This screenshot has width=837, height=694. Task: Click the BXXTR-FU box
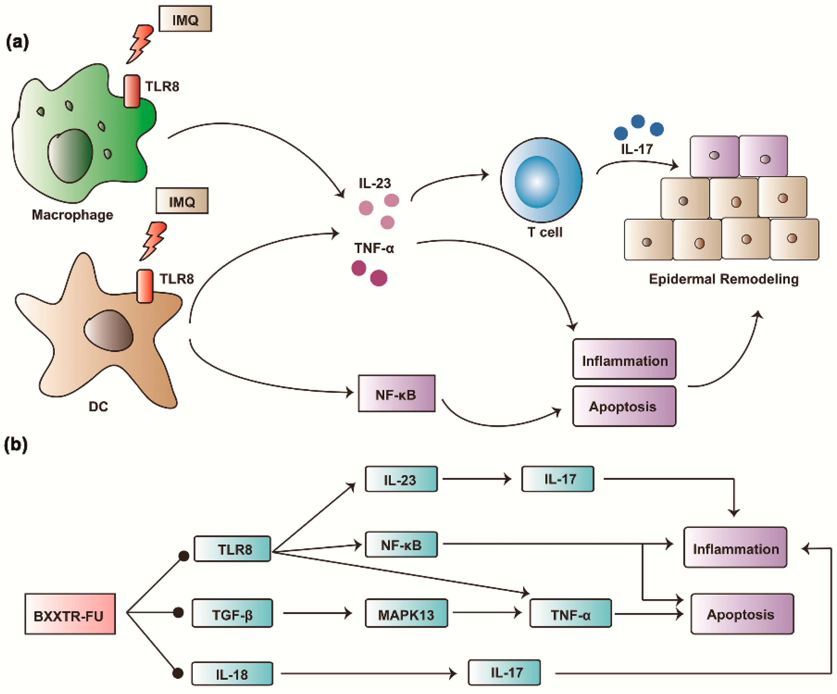pos(70,614)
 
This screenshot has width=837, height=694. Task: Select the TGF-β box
pos(232,613)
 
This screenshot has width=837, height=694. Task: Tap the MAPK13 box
pos(406,613)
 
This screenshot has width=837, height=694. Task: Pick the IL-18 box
pos(232,674)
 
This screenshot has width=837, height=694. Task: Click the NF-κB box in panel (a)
pos(397,393)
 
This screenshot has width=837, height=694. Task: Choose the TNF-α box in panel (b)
pos(570,613)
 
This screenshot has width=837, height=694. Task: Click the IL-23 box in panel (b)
pos(401,479)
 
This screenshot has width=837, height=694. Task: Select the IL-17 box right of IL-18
pos(504,673)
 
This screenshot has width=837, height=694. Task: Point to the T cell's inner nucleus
pos(536,182)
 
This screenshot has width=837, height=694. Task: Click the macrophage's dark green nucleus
pos(70,156)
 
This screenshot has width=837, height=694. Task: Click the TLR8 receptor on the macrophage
pos(132,91)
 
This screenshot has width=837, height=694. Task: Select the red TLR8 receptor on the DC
pos(145,286)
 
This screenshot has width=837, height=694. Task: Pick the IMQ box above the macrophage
pos(185,19)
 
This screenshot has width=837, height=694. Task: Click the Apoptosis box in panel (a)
pos(624,406)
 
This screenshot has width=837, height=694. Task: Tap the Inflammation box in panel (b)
pos(735,547)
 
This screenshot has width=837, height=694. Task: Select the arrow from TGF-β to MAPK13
pos(318,613)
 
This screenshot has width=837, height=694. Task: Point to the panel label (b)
pos(16,445)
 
